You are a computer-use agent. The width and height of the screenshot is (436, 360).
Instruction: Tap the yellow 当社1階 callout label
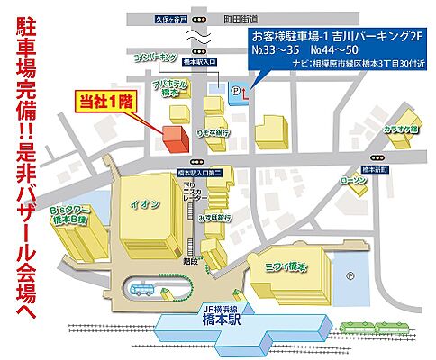point(104,103)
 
